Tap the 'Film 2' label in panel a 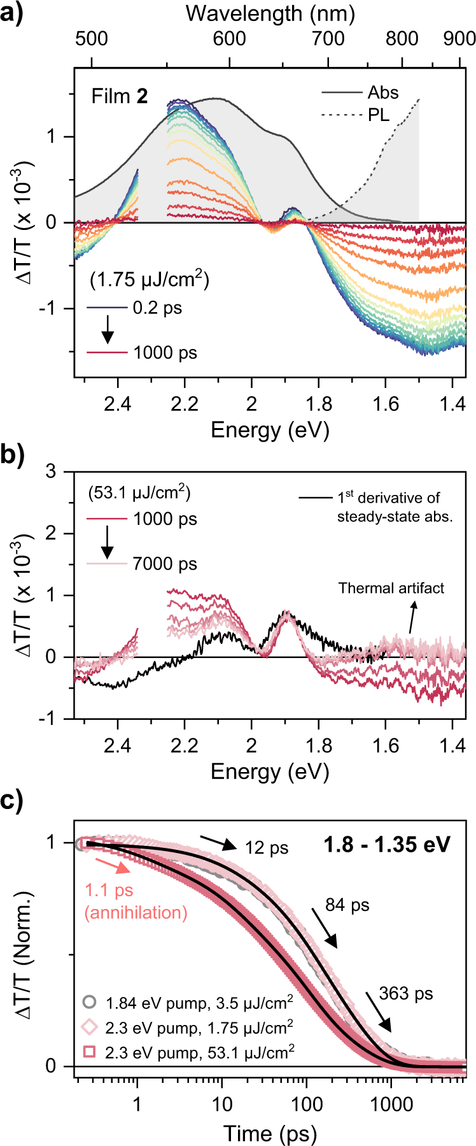coord(120,96)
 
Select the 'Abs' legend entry coord(382,93)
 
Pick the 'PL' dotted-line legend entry coord(379,115)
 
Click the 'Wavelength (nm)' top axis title coord(270,13)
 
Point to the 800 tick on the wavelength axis coord(402,39)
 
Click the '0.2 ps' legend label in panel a coord(157,308)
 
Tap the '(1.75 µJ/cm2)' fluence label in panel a coord(150,280)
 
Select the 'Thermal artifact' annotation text coord(391,588)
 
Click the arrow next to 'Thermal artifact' coord(413,617)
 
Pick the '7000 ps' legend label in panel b coord(165,564)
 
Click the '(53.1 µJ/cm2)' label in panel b coord(139,492)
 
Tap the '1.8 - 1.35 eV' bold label coord(387,845)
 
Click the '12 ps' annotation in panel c coord(267,849)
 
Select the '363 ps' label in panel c coord(406,993)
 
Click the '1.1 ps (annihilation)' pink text coord(136,901)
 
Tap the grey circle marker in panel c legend coord(90,1002)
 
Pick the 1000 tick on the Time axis coord(391,1104)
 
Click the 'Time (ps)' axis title coord(270,1133)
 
